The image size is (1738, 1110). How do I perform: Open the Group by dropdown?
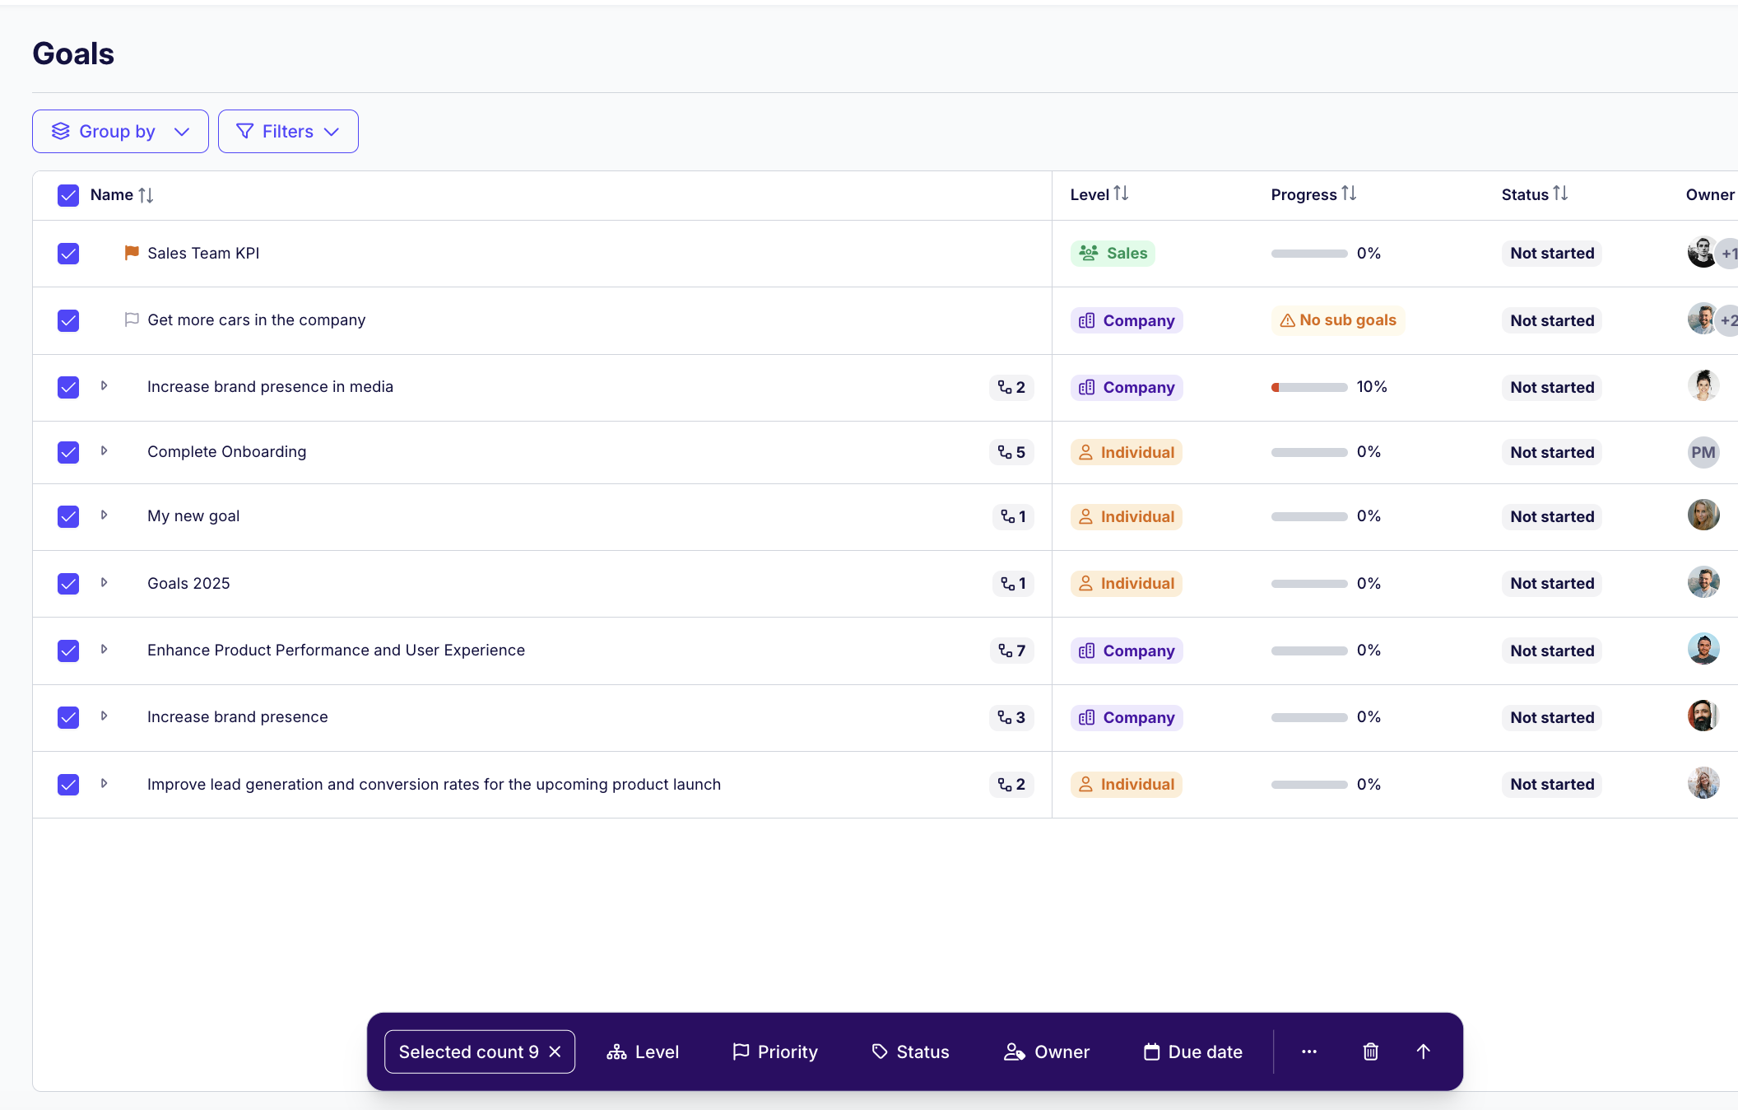pyautogui.click(x=120, y=132)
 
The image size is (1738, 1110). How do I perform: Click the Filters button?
pyautogui.click(x=288, y=132)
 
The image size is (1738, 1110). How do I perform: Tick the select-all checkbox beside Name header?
pyautogui.click(x=68, y=195)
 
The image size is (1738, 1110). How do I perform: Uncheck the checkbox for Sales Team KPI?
pyautogui.click(x=68, y=254)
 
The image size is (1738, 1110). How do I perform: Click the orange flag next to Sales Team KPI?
pyautogui.click(x=132, y=253)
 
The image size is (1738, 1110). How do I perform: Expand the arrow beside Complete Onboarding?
pyautogui.click(x=104, y=451)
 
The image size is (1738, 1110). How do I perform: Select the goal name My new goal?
pyautogui.click(x=193, y=516)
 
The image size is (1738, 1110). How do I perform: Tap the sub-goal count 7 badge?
pyautogui.click(x=1011, y=651)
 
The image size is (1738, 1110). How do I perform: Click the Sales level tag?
pyautogui.click(x=1113, y=254)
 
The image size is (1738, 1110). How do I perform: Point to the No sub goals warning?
pyautogui.click(x=1338, y=320)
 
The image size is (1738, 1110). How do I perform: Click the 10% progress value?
pyautogui.click(x=1372, y=387)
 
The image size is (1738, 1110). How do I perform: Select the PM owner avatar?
pyautogui.click(x=1703, y=452)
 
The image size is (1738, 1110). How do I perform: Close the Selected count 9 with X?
pyautogui.click(x=555, y=1052)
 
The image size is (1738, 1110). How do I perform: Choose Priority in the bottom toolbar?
pyautogui.click(x=775, y=1052)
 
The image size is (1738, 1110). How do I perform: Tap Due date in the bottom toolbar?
pyautogui.click(x=1193, y=1052)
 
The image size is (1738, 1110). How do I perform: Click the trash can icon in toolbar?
pyautogui.click(x=1371, y=1052)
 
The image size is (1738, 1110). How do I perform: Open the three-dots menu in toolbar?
pyautogui.click(x=1309, y=1052)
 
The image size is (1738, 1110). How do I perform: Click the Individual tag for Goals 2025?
pyautogui.click(x=1126, y=584)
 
